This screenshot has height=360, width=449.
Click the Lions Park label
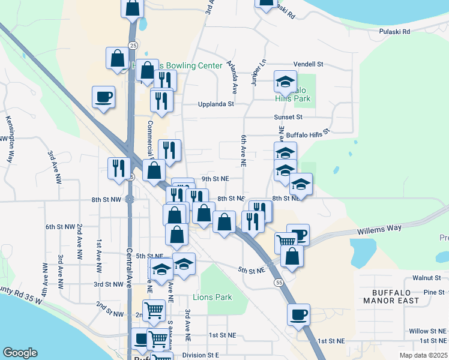(212, 297)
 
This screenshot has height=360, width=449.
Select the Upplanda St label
(216, 104)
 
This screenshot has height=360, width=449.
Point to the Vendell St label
(308, 64)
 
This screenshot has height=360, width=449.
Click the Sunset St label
(288, 117)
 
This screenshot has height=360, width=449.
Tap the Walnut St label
(427, 278)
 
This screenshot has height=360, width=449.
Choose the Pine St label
(433, 292)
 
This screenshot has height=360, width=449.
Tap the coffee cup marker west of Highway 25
(104, 97)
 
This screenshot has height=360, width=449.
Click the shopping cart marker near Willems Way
(286, 242)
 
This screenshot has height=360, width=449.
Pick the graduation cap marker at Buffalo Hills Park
(285, 81)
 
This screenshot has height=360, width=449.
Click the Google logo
(20, 353)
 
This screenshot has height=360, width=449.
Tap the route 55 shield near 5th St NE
(277, 282)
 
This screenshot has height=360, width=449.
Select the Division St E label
(201, 355)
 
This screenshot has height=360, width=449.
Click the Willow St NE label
(427, 331)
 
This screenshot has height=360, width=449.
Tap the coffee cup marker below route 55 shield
(298, 314)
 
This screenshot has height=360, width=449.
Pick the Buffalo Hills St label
(308, 134)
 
